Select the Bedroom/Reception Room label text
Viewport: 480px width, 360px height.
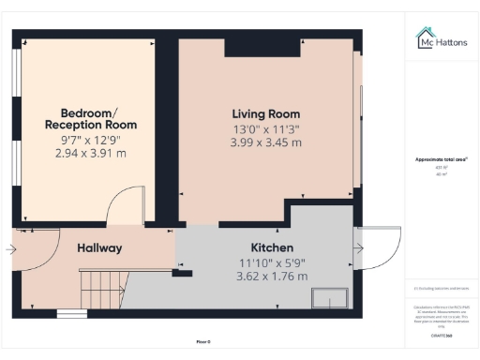[91, 118]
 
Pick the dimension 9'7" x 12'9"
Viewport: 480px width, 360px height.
[91, 140]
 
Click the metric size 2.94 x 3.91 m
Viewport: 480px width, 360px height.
[91, 153]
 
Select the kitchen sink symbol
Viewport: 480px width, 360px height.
[328, 298]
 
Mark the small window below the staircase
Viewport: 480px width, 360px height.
[71, 312]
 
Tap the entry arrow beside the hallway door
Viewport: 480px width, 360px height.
[9, 249]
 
